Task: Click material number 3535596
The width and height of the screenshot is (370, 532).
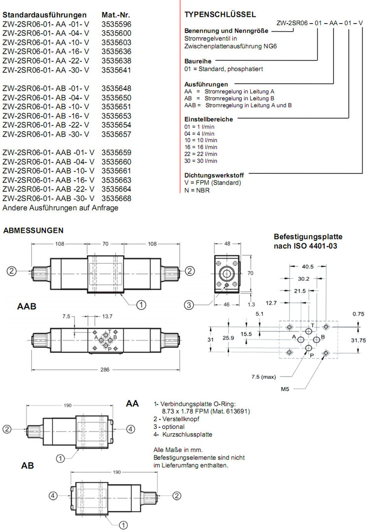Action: [116, 24]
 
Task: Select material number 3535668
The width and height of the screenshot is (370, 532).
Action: [116, 199]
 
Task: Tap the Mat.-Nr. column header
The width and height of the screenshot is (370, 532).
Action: [116, 15]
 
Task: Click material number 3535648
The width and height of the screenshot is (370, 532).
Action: [116, 88]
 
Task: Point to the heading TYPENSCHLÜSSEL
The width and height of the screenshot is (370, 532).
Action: [220, 15]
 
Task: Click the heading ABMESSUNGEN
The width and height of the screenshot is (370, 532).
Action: [33, 230]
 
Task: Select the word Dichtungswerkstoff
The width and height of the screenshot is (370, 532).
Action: [214, 175]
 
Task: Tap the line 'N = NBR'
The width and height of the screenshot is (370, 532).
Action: [197, 190]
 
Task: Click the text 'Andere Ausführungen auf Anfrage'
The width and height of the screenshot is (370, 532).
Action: [60, 208]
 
